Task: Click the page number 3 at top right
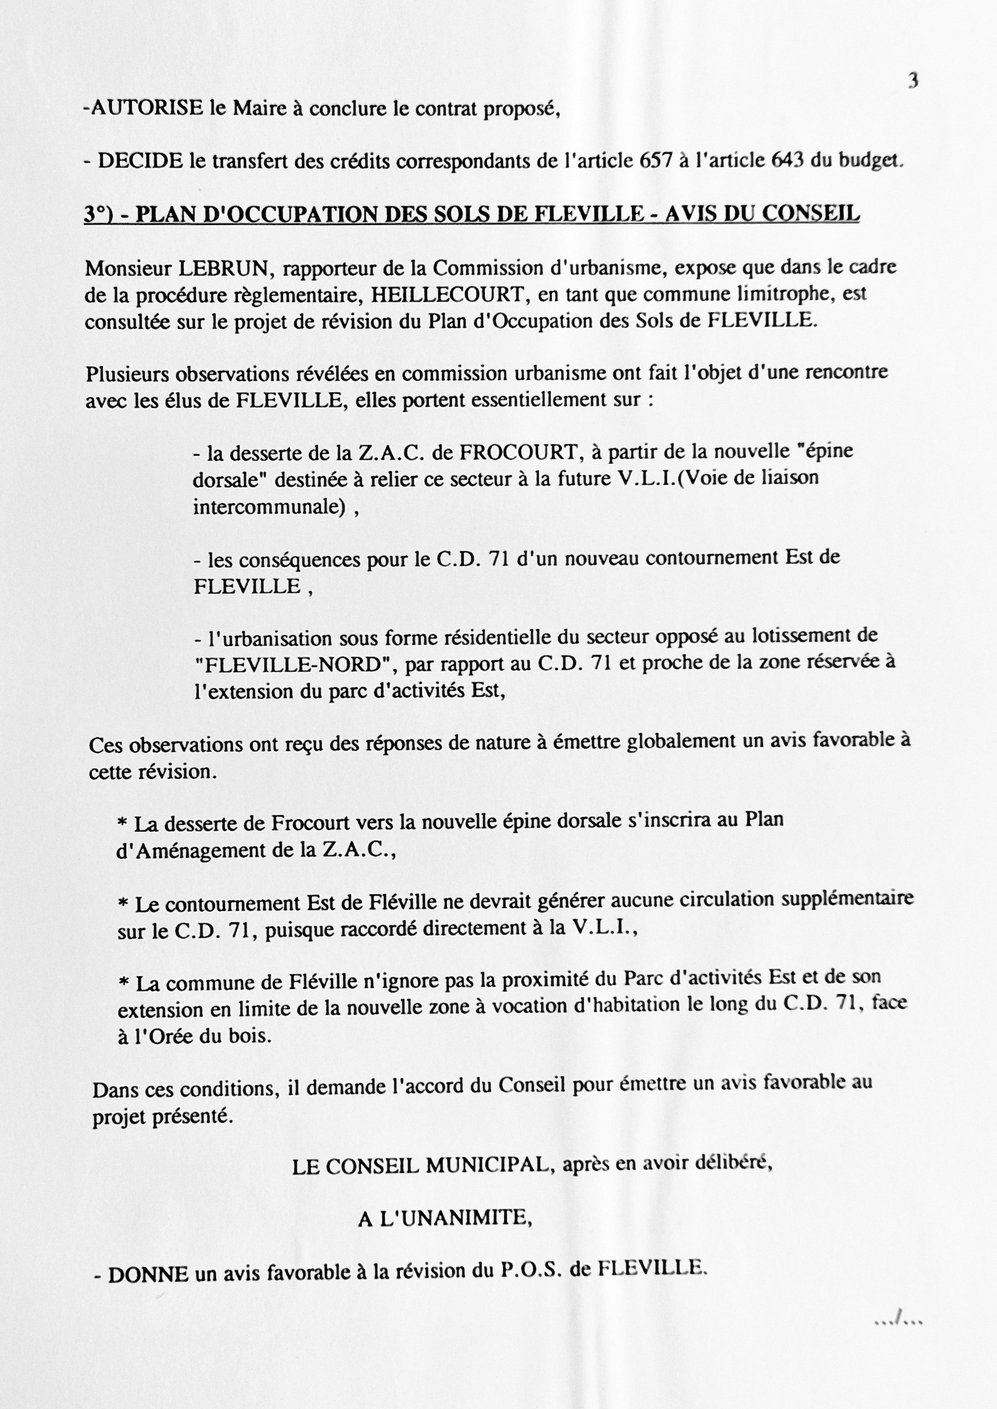(x=913, y=81)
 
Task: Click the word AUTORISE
(x=148, y=109)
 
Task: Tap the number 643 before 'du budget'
(x=788, y=162)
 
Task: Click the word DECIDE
(x=140, y=162)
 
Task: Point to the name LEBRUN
(x=224, y=269)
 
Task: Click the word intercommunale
(x=269, y=507)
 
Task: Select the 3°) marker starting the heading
(x=100, y=216)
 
